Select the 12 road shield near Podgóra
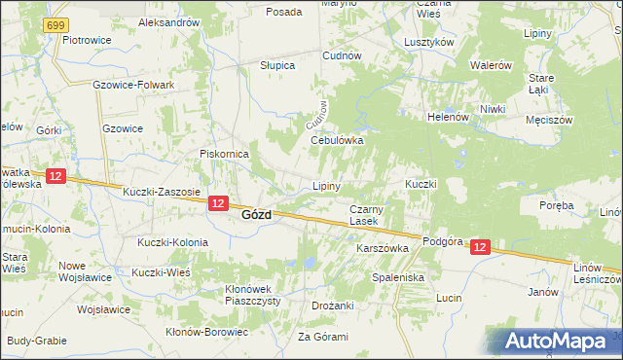pos(480,248)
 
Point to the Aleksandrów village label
pos(169,21)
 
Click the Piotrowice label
pos(85,40)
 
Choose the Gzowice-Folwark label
pos(133,85)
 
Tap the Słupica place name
pos(277,64)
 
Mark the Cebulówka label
pos(337,140)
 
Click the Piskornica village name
pos(225,154)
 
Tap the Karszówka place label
pos(383,248)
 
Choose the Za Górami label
pos(322,337)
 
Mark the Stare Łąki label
pos(541,84)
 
